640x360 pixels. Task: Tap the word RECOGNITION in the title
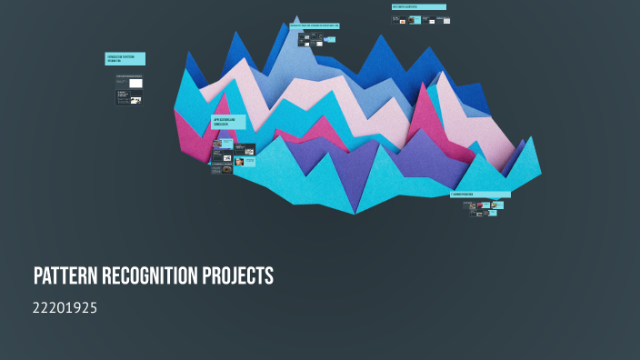(155, 276)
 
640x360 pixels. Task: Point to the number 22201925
(65, 308)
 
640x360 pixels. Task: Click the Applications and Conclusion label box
(229, 122)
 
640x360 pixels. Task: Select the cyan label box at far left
(125, 58)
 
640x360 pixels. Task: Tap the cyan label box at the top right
(419, 7)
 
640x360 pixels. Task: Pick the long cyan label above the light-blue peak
(315, 25)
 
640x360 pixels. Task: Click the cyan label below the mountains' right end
(480, 195)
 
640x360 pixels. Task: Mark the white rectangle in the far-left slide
(135, 83)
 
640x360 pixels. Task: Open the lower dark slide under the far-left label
(129, 97)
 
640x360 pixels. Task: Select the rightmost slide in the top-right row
(446, 20)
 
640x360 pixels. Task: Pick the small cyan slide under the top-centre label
(318, 38)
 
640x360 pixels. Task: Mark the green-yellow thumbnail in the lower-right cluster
(496, 205)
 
